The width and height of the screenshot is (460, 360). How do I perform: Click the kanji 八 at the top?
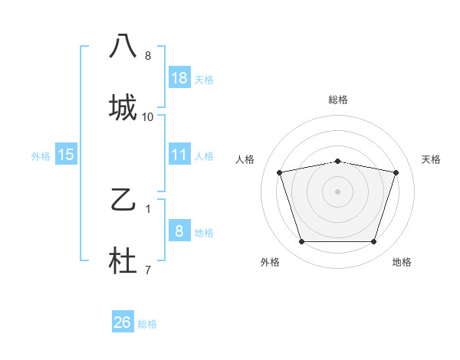123,46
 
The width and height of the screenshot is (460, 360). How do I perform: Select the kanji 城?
123,107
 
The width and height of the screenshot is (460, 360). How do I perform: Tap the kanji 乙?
123,201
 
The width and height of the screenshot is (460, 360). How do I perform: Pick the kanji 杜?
123,263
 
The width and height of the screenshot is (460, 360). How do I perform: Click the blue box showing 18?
179,78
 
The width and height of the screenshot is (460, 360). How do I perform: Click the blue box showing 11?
179,155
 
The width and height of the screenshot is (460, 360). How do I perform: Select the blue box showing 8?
179,231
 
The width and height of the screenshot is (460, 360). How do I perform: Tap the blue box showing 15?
66,155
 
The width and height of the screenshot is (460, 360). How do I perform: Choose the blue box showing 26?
123,322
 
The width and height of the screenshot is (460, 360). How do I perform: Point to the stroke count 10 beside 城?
148,117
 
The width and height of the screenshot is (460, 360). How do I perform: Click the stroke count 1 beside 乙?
148,208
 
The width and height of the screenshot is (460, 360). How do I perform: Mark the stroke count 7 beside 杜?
148,269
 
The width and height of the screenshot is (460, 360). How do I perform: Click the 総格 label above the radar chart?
338,100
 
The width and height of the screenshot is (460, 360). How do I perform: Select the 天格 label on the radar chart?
432,159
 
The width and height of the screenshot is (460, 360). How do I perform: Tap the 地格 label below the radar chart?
402,262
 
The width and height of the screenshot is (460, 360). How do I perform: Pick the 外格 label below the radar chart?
270,262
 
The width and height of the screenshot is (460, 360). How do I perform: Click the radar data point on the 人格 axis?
280,172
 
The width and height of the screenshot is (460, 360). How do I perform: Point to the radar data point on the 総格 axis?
337,161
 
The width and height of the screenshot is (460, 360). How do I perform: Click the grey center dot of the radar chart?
337,191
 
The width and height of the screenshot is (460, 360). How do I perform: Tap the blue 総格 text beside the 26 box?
147,324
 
